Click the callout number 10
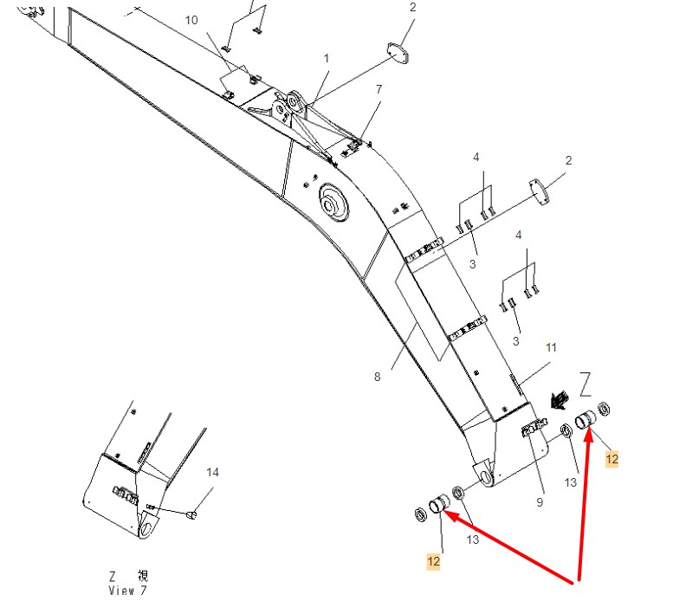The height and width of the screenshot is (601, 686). (x=191, y=20)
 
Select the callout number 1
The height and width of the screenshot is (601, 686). (x=326, y=58)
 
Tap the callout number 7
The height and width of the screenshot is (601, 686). (x=379, y=89)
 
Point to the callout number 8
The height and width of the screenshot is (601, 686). (x=377, y=377)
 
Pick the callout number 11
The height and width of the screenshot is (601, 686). (x=551, y=348)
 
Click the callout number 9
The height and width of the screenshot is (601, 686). (x=540, y=502)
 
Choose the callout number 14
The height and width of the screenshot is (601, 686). (x=212, y=473)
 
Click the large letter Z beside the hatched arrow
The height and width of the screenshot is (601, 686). (x=586, y=385)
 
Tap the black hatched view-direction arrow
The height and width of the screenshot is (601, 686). (x=560, y=401)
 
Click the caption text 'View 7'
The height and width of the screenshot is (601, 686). (x=127, y=590)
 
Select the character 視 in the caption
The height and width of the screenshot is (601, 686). (x=143, y=575)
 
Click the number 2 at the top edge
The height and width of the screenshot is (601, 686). (x=412, y=8)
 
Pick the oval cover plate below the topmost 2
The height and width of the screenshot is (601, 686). (x=398, y=53)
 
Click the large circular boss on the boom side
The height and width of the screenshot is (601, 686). (x=333, y=203)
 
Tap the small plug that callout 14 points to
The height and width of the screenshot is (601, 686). (x=191, y=515)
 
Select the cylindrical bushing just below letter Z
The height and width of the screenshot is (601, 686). (x=586, y=420)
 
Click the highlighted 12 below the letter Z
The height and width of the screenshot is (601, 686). (x=612, y=459)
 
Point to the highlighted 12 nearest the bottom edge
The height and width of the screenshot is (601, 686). (x=433, y=562)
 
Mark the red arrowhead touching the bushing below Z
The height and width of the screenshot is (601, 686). (x=588, y=436)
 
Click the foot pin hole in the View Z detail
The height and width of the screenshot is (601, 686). (x=146, y=528)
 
